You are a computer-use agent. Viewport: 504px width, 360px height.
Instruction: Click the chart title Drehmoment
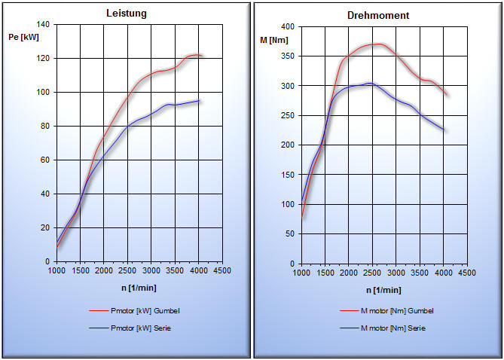pos(378,15)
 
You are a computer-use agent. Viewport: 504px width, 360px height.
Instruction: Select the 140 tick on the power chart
pos(42,25)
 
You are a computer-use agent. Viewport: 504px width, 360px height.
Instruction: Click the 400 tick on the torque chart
pos(287,26)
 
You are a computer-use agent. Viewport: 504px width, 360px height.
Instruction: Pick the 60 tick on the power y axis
pos(44,160)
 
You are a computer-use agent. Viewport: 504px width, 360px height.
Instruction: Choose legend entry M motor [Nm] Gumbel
pos(397,310)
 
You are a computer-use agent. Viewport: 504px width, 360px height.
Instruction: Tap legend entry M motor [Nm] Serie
pos(394,328)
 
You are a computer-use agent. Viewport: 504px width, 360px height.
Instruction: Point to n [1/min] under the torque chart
pos(384,290)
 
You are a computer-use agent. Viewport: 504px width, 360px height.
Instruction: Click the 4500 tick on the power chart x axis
pos(221,270)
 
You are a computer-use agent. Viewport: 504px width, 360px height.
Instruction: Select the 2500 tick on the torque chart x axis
pos(372,273)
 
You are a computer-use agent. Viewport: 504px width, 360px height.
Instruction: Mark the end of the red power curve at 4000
pos(199,55)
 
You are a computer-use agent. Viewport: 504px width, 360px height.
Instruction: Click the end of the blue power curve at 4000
pos(199,100)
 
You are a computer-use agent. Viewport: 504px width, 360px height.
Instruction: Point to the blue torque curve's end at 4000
pos(444,130)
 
